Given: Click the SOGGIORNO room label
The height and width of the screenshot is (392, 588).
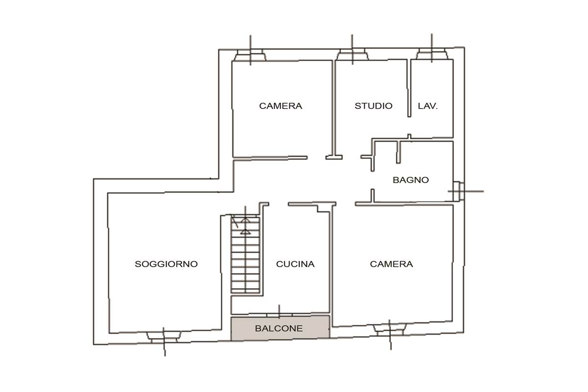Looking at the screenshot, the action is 166,264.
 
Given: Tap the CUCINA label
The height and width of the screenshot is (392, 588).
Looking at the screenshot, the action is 295,264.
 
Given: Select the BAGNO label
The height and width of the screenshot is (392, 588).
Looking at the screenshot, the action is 411,180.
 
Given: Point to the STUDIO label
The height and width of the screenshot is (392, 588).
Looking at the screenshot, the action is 373,106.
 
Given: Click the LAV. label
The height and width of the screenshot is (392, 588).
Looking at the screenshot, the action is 428,106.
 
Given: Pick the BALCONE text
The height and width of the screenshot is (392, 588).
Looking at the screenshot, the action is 279,328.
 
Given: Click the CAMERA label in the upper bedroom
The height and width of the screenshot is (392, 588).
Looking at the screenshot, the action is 281,106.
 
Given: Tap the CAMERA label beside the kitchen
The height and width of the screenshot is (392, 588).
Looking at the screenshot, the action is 392,264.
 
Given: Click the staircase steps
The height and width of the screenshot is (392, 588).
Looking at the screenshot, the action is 245,254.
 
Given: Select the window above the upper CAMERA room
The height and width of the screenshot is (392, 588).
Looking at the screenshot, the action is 250,55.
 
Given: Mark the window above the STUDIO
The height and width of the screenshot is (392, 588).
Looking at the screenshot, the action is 352,54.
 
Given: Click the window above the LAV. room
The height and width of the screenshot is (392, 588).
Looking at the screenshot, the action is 432,54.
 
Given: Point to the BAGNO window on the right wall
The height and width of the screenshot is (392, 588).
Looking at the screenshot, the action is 459,192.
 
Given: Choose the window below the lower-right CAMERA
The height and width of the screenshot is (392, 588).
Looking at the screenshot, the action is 390,330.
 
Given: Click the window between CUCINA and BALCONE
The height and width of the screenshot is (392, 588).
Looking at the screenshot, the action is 279,314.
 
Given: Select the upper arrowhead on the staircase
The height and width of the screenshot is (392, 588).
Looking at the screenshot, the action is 245,220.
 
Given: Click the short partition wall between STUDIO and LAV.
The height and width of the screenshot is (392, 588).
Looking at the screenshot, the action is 409,88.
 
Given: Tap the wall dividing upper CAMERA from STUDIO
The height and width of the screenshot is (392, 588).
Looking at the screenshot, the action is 334,108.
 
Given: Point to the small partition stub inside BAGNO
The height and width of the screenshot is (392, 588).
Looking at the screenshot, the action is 398,152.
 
